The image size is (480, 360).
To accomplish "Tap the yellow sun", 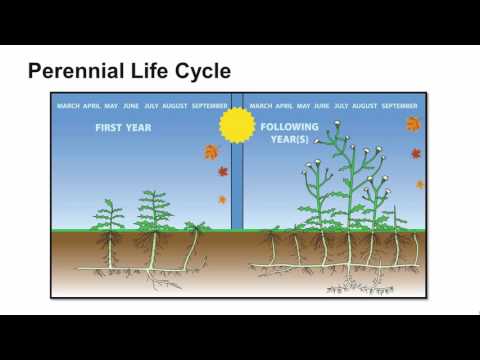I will (x=237, y=125).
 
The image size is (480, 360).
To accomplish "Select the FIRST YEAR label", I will (x=122, y=128).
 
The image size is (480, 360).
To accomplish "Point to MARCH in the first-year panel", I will (x=69, y=105).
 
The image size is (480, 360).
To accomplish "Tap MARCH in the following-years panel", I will (x=260, y=105).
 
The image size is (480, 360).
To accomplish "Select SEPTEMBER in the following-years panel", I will (x=399, y=105).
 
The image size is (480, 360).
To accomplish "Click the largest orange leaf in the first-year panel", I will (x=211, y=152).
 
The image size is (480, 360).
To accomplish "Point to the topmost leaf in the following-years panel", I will (x=413, y=124).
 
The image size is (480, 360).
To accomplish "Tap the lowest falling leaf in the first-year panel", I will (x=222, y=199).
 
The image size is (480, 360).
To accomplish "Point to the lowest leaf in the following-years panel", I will (x=420, y=184).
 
